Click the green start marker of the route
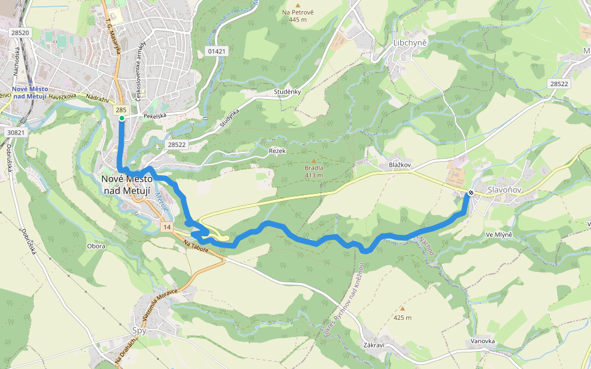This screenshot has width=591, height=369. (122, 118)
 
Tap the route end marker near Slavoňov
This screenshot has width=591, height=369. (471, 193)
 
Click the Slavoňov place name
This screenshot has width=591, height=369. (505, 191)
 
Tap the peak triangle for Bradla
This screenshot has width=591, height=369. (313, 161)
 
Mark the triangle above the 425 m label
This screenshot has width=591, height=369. (403, 309)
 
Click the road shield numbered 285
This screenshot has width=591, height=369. (121, 109)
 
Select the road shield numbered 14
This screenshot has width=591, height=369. (167, 227)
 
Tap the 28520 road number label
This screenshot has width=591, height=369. (20, 32)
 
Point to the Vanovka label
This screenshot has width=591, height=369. (483, 341)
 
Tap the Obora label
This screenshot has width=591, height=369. (96, 246)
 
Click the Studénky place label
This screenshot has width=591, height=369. (287, 92)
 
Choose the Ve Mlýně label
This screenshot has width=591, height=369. (499, 235)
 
